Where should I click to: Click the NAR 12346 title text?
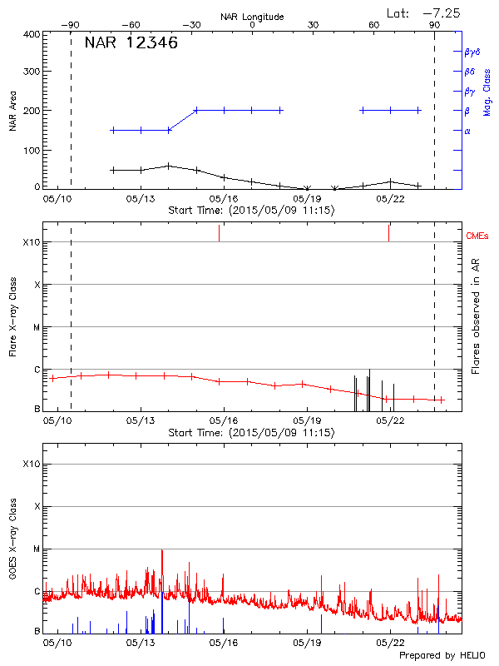tap(131, 43)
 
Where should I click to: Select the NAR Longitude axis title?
tap(252, 17)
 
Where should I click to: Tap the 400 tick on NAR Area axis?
tap(32, 34)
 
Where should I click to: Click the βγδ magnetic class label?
tap(472, 52)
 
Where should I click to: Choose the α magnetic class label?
tap(467, 131)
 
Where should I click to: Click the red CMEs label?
tap(478, 237)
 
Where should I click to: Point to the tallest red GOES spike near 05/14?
tap(162, 551)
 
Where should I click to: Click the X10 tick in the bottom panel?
tap(32, 464)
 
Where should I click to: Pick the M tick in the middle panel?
tap(36, 327)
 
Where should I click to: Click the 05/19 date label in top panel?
tap(307, 200)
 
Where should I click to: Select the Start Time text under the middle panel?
tap(251, 433)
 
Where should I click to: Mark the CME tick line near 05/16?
tap(219, 233)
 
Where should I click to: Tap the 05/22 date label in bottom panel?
tap(390, 644)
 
